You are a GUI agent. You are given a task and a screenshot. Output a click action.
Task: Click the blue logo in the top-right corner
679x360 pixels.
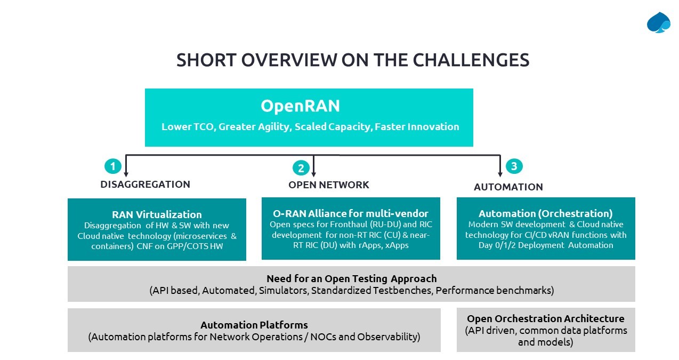click(x=658, y=22)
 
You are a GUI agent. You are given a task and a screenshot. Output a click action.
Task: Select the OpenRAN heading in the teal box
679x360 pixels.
click(x=300, y=106)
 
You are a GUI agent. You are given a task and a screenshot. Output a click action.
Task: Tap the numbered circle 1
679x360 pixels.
click(x=112, y=166)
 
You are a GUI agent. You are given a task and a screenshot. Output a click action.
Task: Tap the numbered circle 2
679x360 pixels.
click(x=301, y=168)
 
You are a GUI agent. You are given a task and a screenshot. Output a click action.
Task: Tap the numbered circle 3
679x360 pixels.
click(x=514, y=166)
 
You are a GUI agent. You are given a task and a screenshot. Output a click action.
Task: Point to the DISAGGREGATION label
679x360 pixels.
click(x=145, y=185)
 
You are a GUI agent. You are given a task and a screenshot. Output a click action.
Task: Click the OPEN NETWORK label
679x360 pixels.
click(x=328, y=185)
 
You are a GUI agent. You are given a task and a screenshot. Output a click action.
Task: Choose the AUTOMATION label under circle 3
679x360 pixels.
click(x=508, y=187)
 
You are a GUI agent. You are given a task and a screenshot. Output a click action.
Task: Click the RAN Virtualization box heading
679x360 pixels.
click(x=157, y=214)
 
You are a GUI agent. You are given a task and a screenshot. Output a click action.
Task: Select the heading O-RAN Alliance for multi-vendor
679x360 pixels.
click(x=350, y=214)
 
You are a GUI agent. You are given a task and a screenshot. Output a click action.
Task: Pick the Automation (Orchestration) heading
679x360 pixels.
click(x=545, y=213)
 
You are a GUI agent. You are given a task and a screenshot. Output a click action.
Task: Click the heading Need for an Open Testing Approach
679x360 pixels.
click(x=351, y=278)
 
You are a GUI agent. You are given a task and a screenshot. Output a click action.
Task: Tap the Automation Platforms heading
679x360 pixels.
click(x=254, y=325)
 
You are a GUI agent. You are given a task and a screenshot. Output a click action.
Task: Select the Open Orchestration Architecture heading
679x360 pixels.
click(x=545, y=318)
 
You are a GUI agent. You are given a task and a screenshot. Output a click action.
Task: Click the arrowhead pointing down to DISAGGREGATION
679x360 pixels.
click(x=126, y=173)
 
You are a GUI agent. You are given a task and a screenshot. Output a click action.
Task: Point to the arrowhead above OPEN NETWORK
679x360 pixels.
click(x=313, y=173)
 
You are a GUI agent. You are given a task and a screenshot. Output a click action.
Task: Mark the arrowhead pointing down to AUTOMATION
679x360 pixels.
click(x=500, y=173)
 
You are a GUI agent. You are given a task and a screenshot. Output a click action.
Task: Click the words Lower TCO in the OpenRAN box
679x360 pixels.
click(x=187, y=127)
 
